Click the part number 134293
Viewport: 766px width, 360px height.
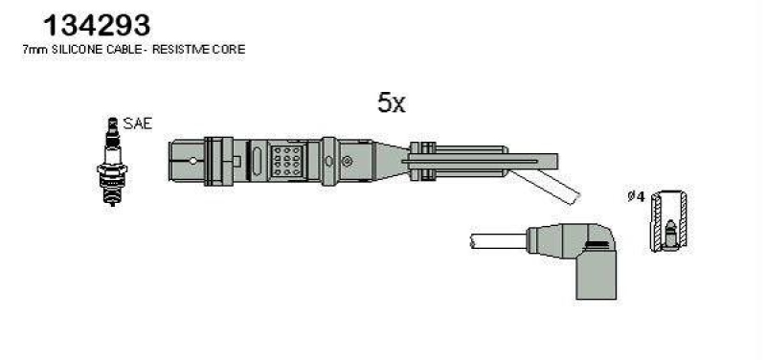(x=97, y=25)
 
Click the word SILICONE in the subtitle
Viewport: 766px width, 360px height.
(x=76, y=50)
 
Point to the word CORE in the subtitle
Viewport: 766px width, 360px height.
(x=229, y=50)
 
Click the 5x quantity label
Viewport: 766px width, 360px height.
(x=392, y=102)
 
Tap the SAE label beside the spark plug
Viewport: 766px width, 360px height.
(x=137, y=124)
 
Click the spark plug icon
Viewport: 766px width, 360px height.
(x=112, y=162)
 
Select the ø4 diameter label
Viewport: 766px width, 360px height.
(x=636, y=197)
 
